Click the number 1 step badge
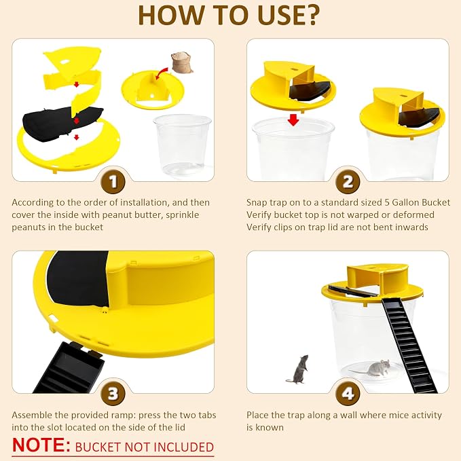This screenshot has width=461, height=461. coord(113,182)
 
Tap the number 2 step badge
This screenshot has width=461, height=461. coord(348,182)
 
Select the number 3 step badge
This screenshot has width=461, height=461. coord(113,394)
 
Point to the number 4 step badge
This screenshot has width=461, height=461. coord(348,394)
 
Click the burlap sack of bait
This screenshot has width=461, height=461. coord(182,62)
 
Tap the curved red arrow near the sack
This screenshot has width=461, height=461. coord(161,73)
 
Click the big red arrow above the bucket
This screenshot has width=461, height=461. coord(293,120)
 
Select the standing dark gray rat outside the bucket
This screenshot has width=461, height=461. coord(298,369)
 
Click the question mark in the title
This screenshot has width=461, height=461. coord(310,16)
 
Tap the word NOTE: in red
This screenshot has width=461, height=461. coord(41,445)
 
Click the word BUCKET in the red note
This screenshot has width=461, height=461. coord(98,447)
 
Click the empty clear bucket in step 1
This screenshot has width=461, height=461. coord(182,145)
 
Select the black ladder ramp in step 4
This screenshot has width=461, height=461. coord(409,344)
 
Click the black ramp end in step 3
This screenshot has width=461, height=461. coord(69,367)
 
